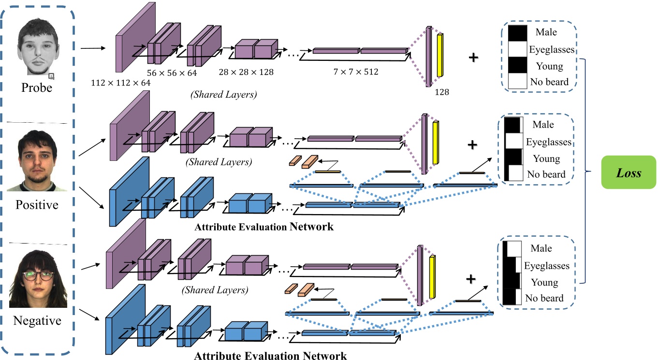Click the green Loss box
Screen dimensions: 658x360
coord(629,172)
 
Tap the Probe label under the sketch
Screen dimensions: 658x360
coord(37,87)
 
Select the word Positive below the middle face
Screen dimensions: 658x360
coord(37,205)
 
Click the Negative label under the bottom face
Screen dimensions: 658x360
coord(37,320)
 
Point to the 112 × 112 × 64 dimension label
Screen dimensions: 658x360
coord(121,83)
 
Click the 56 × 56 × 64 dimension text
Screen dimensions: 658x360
coord(172,73)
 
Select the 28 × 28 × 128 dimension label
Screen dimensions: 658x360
coord(246,72)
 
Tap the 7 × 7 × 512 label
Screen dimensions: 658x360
coord(356,72)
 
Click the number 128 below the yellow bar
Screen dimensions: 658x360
coord(442,92)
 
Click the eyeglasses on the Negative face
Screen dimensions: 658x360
coord(39,275)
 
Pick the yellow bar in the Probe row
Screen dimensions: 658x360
coord(440,55)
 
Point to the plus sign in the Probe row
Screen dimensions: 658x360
coord(473,57)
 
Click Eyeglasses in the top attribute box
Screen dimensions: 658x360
coord(552,49)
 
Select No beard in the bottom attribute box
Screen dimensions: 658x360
coord(544,298)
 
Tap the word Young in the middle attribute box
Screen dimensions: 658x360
coord(547,158)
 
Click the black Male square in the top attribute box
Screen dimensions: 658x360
coord(518,33)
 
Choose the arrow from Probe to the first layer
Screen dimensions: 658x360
coord(93,48)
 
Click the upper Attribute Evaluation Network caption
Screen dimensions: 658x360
coord(264,227)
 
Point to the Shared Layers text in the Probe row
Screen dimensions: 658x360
coord(223,94)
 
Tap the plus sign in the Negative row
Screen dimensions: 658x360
coord(471,279)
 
